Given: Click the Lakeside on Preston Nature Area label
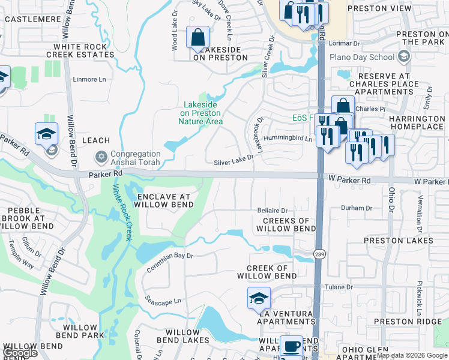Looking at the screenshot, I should click(x=200, y=113).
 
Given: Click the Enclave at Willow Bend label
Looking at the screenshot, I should click(x=164, y=200).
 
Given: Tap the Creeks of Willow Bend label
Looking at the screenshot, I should click(x=286, y=225).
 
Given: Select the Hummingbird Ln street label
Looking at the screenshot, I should click(x=291, y=139).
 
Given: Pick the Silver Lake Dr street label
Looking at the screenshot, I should click(x=234, y=163).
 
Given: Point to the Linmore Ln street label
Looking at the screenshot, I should click(x=89, y=79).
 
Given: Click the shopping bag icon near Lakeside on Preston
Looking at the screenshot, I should click(x=198, y=38).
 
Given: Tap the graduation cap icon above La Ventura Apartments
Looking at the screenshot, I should click(x=259, y=298).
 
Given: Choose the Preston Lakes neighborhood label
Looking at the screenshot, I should click(x=399, y=241).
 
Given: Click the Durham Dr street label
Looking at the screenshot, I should click(x=357, y=208).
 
